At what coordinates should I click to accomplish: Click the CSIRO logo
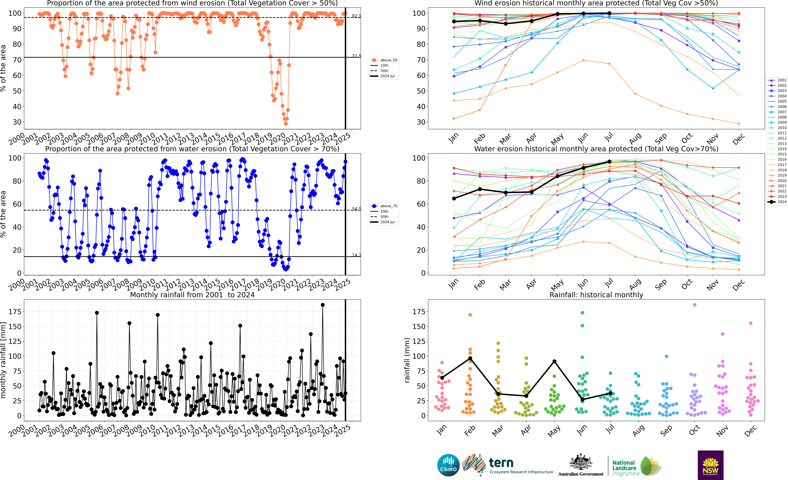point(448,465)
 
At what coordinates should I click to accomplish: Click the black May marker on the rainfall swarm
point(554,361)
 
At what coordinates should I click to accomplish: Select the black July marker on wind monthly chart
point(609,13)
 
